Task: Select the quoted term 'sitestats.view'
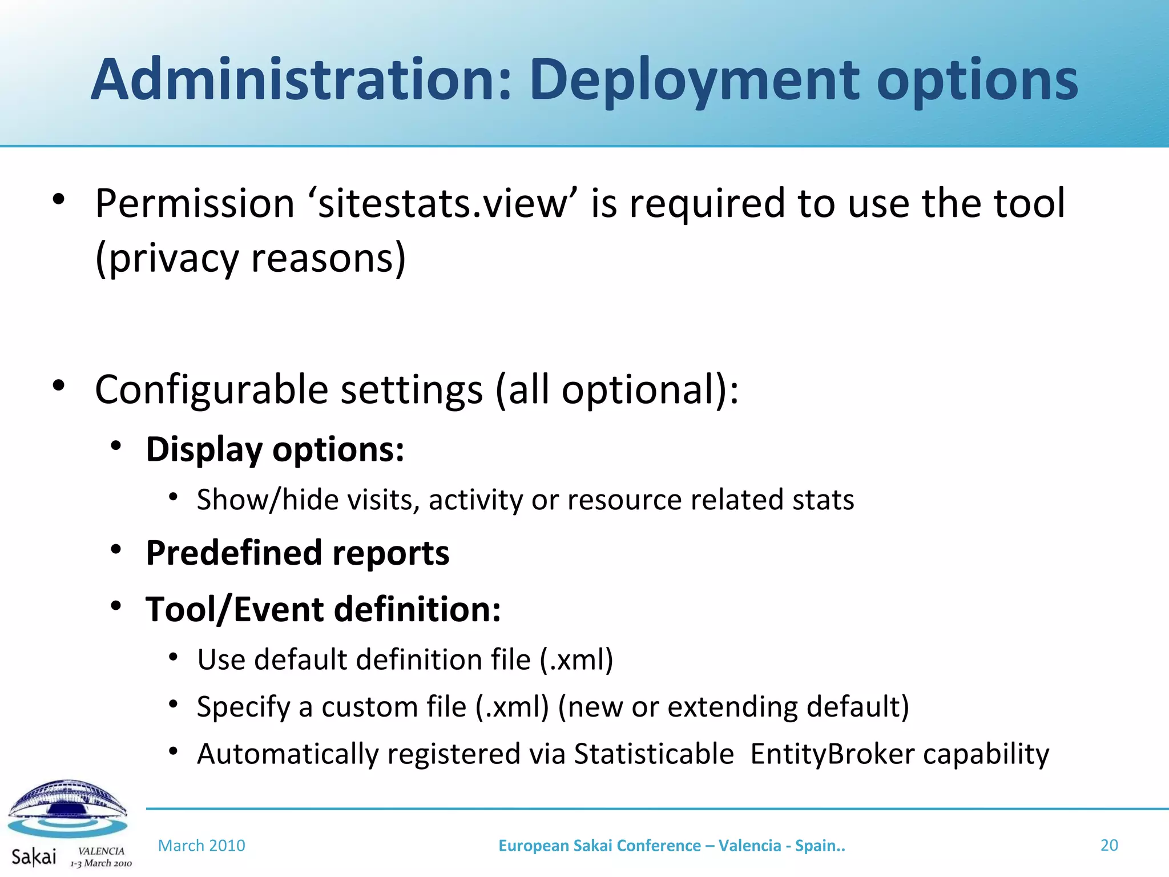point(444,204)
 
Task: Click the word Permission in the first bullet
point(195,204)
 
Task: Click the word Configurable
point(211,390)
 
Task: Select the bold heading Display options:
point(275,449)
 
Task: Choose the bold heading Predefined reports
point(297,553)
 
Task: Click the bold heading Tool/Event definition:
point(323,609)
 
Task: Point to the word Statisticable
point(654,754)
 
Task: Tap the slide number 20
point(1108,845)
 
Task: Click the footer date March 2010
point(201,846)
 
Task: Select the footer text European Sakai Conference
point(599,846)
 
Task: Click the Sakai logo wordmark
point(34,856)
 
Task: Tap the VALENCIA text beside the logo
point(101,851)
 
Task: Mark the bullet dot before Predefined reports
point(116,549)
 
